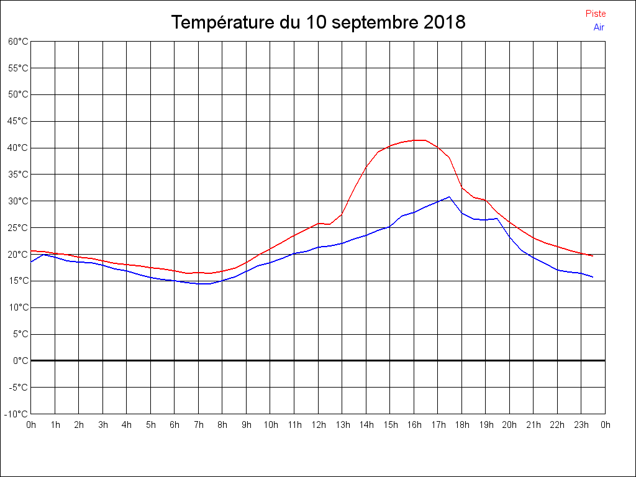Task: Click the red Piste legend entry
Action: (x=596, y=14)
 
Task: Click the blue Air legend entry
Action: (x=599, y=27)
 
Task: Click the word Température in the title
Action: (x=222, y=23)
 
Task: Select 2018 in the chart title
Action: (x=445, y=23)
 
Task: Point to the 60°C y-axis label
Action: (x=18, y=42)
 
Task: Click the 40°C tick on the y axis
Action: (x=18, y=148)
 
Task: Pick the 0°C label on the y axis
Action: (x=20, y=361)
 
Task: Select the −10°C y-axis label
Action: (x=17, y=414)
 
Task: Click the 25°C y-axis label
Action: (x=18, y=228)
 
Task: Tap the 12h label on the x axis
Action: (x=318, y=425)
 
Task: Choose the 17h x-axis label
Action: (x=438, y=425)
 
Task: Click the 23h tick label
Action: (x=581, y=425)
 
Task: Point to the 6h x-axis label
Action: (x=175, y=425)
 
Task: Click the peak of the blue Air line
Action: (x=449, y=197)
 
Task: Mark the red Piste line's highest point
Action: (x=419, y=140)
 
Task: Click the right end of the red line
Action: (x=593, y=256)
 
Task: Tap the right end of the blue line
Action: (x=593, y=277)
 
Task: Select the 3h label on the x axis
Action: (x=103, y=425)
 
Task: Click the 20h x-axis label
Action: (x=509, y=425)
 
